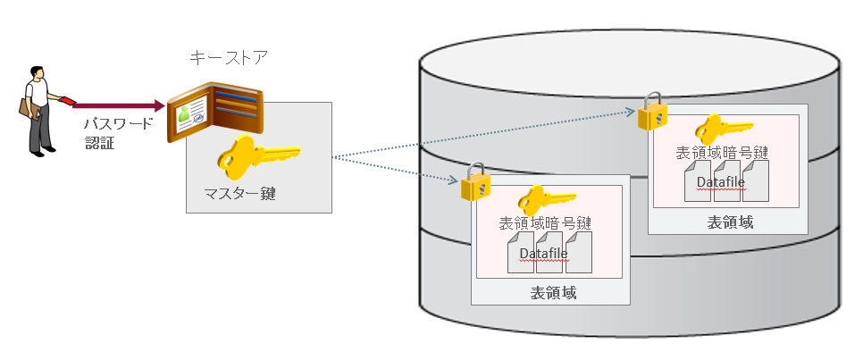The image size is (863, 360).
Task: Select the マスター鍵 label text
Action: click(x=236, y=194)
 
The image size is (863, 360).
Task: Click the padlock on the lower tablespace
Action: click(x=475, y=183)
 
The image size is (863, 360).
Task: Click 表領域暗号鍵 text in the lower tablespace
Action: click(x=546, y=223)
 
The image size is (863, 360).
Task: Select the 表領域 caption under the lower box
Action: click(x=553, y=291)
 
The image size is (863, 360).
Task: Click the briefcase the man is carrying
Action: click(x=26, y=107)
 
